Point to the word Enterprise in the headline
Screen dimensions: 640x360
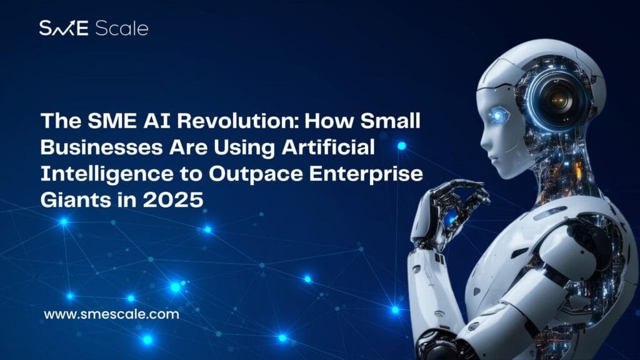tap(366, 174)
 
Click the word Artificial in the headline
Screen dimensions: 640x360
tap(328, 147)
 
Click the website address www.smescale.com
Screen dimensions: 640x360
tap(111, 314)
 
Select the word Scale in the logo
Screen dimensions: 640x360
tap(121, 28)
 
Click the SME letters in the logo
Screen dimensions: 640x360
tap(64, 28)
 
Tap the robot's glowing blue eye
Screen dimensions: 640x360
tap(497, 117)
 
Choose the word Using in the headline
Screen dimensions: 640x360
tap(244, 147)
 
